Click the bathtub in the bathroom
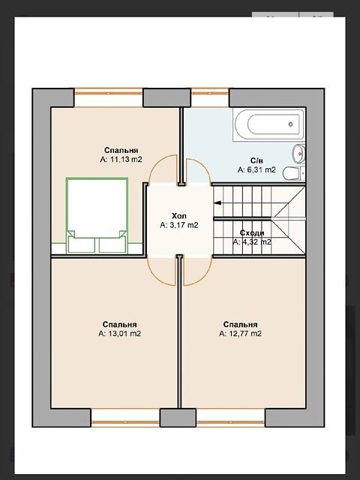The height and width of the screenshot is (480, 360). (x=268, y=124)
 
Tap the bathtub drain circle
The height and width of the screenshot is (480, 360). (x=291, y=124)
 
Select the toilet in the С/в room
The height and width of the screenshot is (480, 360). (x=294, y=173)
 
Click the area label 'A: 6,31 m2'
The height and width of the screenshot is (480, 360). (x=256, y=169)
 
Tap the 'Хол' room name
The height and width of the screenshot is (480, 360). (x=179, y=216)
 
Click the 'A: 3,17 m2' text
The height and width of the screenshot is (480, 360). (x=179, y=225)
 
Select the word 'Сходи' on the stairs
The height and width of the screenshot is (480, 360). (x=252, y=233)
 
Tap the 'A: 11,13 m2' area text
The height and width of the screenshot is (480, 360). (x=121, y=159)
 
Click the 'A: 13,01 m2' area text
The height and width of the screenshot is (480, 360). (x=120, y=333)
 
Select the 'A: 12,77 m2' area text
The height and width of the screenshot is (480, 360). (x=240, y=333)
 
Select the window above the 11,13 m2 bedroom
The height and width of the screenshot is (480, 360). (x=108, y=93)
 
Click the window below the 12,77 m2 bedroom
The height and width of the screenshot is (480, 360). (x=230, y=422)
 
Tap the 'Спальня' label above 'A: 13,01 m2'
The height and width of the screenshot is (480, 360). (x=120, y=324)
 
